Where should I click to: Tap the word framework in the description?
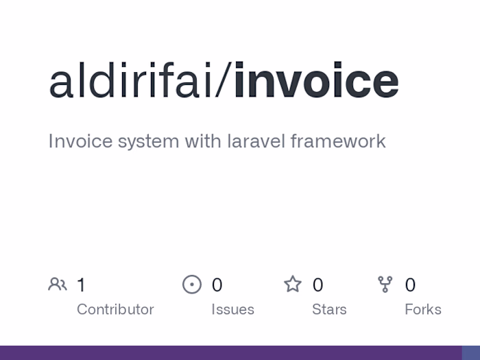[x=338, y=141]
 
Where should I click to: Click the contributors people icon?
[x=58, y=285]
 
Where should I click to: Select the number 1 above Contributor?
[x=82, y=285]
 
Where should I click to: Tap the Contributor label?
[x=115, y=309]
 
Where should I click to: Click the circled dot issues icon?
[x=192, y=285]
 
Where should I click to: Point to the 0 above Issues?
[x=217, y=285]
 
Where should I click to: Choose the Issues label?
[x=232, y=309]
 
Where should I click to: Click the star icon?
[x=293, y=284]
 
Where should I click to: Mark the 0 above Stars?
[x=317, y=285]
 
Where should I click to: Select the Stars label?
[x=329, y=309]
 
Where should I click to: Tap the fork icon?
[x=385, y=285]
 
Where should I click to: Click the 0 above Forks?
[x=410, y=285]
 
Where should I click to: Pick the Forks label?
[x=423, y=309]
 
